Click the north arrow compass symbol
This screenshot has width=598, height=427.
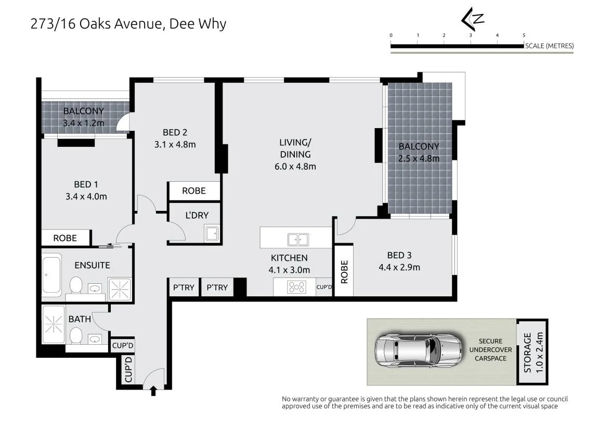pos(472,19)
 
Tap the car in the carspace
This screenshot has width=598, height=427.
pos(419,350)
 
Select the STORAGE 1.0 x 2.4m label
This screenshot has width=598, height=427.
pos(533,352)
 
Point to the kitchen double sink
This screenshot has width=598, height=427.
pos(298,240)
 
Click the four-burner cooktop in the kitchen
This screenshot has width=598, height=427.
pos(297,287)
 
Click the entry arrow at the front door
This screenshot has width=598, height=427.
pos(153,391)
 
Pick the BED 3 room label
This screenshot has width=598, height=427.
pos(399,255)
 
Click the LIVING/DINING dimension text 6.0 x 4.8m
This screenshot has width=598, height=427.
pos(295,167)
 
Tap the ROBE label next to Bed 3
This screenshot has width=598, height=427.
pos(344,272)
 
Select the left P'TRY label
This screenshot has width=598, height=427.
pos(184,287)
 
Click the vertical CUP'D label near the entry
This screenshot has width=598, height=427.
pos(128,369)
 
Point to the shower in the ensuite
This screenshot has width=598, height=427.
pos(120,289)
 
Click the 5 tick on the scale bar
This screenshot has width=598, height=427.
pos(524,35)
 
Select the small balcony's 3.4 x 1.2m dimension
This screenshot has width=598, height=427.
pos(84,123)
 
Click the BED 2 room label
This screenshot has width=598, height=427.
pos(175,132)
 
